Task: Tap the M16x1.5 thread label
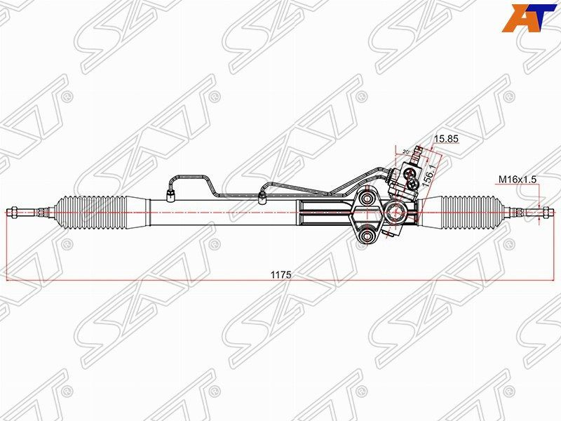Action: coord(518,180)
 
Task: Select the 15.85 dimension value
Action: coord(446,139)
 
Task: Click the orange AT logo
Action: coord(530,18)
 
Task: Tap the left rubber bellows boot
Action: coord(92,211)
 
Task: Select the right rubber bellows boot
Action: coord(471,210)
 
